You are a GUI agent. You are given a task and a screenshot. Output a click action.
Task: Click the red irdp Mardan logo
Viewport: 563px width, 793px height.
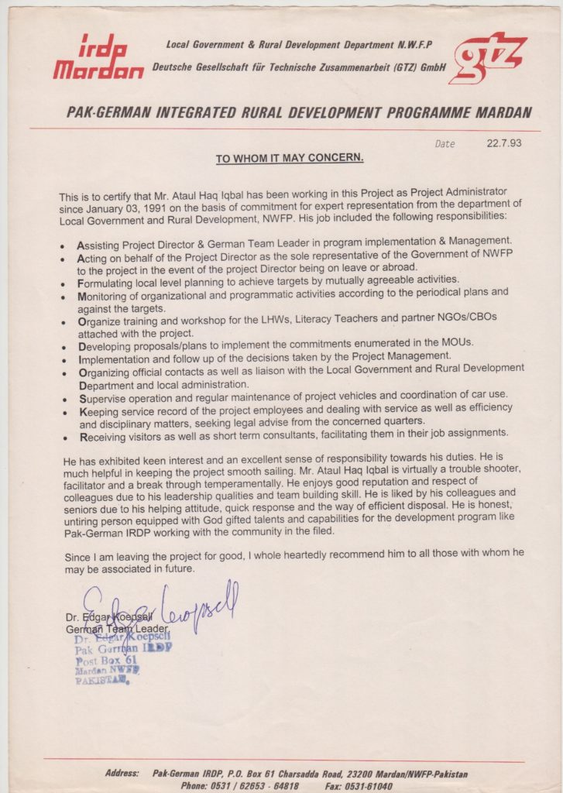click(x=98, y=58)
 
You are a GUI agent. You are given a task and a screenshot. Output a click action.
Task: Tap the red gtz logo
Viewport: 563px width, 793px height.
click(x=488, y=57)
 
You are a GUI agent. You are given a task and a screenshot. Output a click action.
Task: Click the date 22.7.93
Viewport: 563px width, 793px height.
click(x=504, y=144)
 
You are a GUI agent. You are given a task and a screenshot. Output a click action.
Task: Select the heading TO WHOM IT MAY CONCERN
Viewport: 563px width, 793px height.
click(x=290, y=159)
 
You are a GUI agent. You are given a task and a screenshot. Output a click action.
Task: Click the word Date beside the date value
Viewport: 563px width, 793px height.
click(x=445, y=145)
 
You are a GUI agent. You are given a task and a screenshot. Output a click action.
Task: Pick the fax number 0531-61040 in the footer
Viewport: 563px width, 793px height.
click(x=359, y=786)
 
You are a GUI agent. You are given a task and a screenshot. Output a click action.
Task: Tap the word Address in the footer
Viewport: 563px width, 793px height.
click(x=122, y=774)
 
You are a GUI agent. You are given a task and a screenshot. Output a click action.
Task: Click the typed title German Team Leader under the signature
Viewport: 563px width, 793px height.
click(x=112, y=630)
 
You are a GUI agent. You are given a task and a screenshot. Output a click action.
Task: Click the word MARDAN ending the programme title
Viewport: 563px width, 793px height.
click(x=503, y=112)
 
